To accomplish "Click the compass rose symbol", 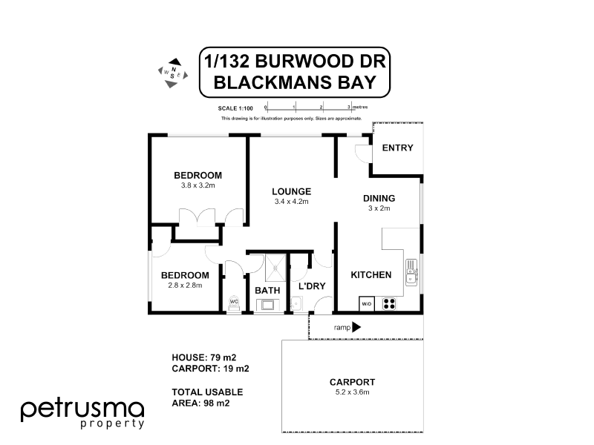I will pos(172,72).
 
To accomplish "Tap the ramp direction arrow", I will pos(356,326).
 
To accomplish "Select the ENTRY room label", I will pos(396,148).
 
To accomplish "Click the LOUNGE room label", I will pos(291,191).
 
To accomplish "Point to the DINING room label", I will pos(379,198).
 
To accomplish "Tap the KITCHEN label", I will pos(371,275).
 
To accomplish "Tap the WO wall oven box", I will pos(366,303).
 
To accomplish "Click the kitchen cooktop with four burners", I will pos(388,303).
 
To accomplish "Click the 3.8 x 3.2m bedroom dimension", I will pos(198,185).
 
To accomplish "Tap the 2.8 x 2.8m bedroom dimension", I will pos(186,285).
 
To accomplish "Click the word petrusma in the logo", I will pos(82,409).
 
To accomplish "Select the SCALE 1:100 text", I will pos(237,108).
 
